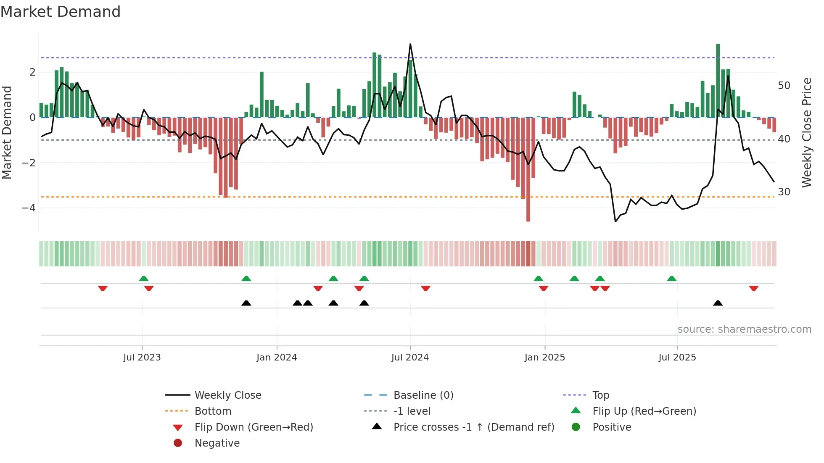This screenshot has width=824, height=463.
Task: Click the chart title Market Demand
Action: (x=61, y=12)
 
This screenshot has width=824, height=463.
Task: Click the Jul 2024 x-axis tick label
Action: (x=410, y=358)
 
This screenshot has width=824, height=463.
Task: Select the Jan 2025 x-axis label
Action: (x=544, y=358)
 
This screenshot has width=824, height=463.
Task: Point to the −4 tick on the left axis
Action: (x=29, y=208)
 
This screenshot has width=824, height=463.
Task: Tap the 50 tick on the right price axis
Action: (x=784, y=86)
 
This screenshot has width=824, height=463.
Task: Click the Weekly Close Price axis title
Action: (x=806, y=132)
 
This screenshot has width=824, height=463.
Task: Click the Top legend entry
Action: (x=600, y=395)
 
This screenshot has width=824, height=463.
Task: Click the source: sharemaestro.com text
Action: (x=744, y=329)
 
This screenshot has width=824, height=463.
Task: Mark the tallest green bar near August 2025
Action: (x=718, y=80)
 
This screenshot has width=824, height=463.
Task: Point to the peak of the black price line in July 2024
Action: (x=410, y=44)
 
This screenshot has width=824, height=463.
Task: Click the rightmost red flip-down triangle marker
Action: (x=753, y=288)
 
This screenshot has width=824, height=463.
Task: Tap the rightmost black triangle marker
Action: (x=718, y=303)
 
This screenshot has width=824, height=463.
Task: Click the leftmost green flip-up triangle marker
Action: (x=144, y=279)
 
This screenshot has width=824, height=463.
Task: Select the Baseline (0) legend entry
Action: (x=423, y=395)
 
